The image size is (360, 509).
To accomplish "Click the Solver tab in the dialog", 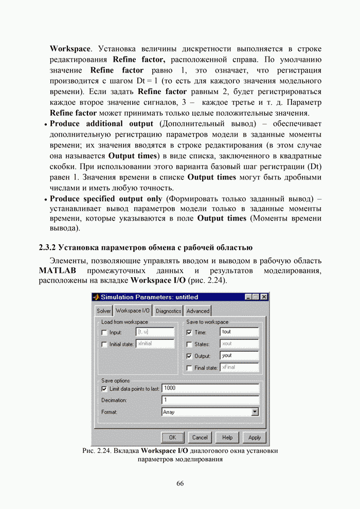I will click(104, 311).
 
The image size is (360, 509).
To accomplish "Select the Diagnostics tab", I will click(169, 311).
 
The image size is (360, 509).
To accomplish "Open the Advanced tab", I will click(198, 311).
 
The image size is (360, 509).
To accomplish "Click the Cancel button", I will click(200, 438).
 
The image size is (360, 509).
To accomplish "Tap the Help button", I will click(227, 438).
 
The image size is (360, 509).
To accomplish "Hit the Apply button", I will click(255, 438).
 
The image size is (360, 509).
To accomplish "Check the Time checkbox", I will click(189, 333).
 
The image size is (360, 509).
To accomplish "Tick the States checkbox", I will click(189, 344).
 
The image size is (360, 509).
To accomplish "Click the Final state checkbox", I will click(189, 368).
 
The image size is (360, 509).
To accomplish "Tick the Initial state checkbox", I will click(104, 344).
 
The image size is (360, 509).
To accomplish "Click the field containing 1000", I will click(210, 389).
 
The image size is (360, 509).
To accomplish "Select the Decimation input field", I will click(210, 400).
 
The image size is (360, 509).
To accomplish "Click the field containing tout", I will click(239, 332).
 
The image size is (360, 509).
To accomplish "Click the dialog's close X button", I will click(264, 297).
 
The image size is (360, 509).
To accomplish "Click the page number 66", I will click(180, 483).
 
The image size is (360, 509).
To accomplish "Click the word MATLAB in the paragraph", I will click(58, 270).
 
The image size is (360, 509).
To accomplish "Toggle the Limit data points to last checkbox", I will click(104, 389).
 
